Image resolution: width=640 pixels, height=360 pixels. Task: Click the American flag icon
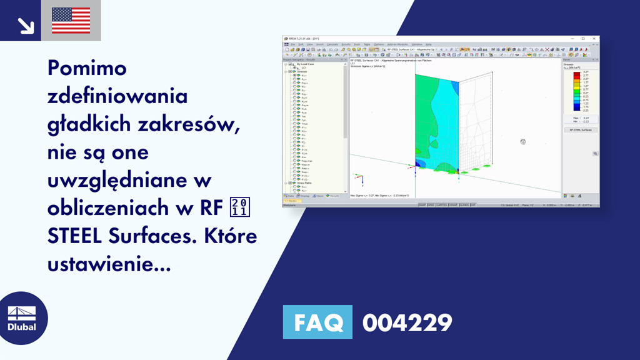coord(71,21)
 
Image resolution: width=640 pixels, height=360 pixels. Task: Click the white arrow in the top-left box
coord(24,24)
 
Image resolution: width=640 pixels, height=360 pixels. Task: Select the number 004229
coord(407,322)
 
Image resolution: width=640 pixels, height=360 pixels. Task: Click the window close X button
coord(594,39)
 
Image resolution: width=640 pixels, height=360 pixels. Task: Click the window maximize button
coord(583,39)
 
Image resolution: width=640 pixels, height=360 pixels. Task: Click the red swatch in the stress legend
coord(577,73)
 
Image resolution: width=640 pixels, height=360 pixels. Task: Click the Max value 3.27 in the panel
coord(585,117)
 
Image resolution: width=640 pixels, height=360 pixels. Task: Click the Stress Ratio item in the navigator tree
coord(306,182)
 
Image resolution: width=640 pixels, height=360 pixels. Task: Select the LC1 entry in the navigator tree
coord(304,67)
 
